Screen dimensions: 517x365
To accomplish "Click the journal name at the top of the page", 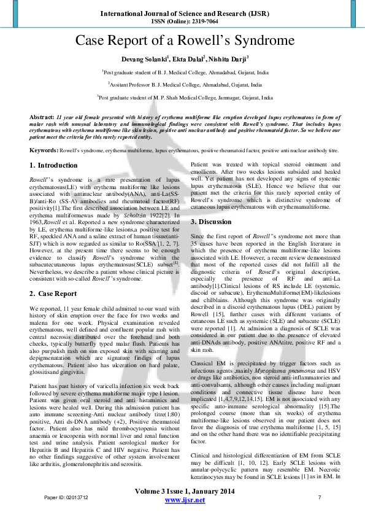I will pyautogui.click(x=182, y=12).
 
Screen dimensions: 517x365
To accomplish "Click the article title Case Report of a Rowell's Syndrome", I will pyautogui.click(x=182, y=42).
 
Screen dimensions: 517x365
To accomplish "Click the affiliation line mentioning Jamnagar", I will pyautogui.click(x=185, y=97).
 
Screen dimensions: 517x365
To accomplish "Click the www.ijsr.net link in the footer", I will pyautogui.click(x=182, y=500).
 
